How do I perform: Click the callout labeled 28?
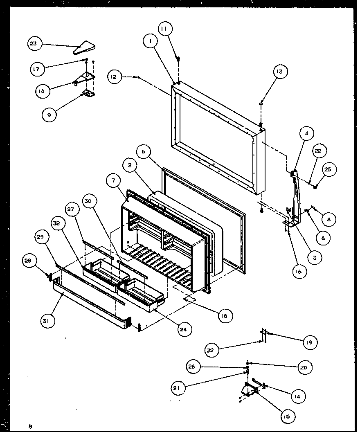pyautogui.click(x=30, y=261)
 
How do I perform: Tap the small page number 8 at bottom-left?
pyautogui.click(x=30, y=426)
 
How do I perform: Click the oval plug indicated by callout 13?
pyautogui.click(x=261, y=104)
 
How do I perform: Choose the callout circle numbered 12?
pyautogui.click(x=115, y=76)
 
